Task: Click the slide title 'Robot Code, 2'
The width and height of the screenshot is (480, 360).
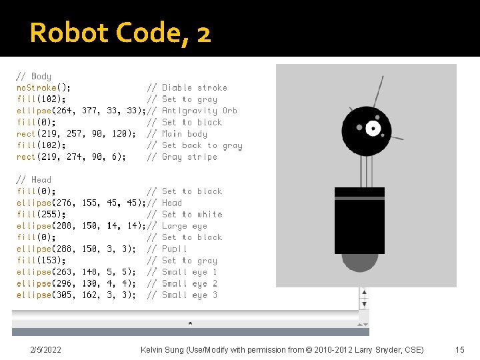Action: coord(120,32)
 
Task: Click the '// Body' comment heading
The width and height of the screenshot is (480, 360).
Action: coord(33,76)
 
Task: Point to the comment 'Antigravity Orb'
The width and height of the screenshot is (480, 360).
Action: coord(199,111)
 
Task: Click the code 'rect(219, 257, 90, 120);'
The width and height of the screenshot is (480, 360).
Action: coord(76,133)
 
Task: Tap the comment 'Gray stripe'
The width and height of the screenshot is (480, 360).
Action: coord(189,157)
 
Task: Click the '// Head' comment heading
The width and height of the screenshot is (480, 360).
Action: coord(33,179)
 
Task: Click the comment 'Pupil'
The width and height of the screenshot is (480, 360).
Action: coord(175,249)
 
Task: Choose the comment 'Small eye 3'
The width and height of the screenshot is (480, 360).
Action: coord(189,295)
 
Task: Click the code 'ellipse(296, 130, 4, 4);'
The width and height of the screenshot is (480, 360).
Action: coord(76,283)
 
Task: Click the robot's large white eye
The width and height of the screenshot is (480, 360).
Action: coord(373,128)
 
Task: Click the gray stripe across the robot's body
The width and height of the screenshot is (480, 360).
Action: coord(359,198)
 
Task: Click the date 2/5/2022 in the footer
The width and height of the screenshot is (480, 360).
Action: coord(45,349)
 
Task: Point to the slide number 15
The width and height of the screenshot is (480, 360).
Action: coord(459,349)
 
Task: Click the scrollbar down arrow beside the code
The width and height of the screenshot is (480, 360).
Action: coord(363,304)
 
